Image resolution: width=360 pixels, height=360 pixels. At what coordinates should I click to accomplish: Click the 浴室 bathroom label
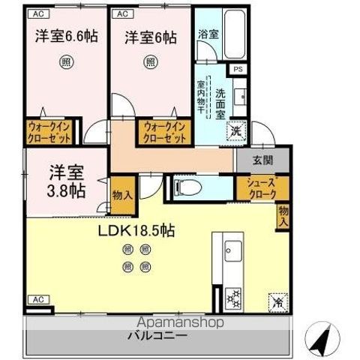[x=208, y=34]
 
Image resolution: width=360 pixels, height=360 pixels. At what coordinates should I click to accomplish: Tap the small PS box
[x=238, y=70]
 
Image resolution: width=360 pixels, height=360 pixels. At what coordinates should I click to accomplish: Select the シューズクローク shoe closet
[x=256, y=187]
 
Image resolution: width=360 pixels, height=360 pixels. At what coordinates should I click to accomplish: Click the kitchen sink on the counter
[x=229, y=250]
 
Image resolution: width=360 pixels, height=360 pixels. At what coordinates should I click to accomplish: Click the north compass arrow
[x=323, y=340]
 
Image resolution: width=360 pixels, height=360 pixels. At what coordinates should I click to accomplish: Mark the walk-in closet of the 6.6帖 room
[x=51, y=133]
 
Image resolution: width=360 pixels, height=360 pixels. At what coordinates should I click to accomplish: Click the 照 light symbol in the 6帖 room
[x=150, y=63]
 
